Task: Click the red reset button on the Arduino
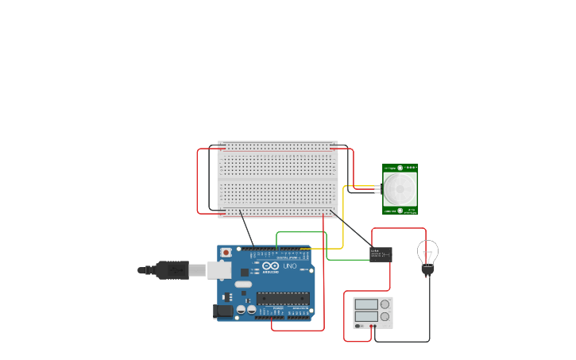[226, 253]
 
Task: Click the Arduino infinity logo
[271, 266]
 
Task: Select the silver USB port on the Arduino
[219, 270]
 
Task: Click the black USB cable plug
[172, 270]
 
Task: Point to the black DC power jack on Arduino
[223, 311]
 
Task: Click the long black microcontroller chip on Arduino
[282, 298]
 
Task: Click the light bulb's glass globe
[427, 251]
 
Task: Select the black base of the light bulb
[427, 270]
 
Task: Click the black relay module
[381, 254]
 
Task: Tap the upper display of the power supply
[366, 304]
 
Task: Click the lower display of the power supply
[366, 316]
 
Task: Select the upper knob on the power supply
[385, 304]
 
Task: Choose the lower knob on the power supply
[385, 316]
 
